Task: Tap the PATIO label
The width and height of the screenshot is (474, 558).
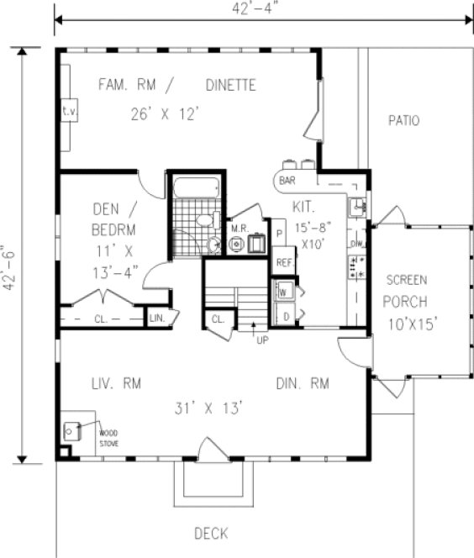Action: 403,120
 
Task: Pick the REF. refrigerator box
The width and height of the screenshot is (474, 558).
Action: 283,262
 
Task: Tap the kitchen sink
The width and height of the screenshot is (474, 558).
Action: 356,205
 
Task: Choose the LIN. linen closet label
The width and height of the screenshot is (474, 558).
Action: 157,318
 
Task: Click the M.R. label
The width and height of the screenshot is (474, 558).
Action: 237,226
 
